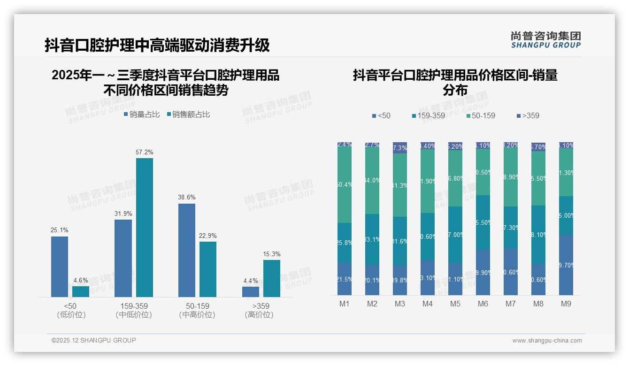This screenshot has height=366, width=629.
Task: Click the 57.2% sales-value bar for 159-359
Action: pyautogui.click(x=145, y=228)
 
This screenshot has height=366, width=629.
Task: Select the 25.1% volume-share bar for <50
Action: pyautogui.click(x=60, y=267)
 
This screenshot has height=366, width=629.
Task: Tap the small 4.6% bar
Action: pyautogui.click(x=81, y=291)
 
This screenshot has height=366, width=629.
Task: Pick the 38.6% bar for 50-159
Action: pyautogui.click(x=187, y=250)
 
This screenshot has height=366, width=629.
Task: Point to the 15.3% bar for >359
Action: pyautogui.click(x=272, y=278)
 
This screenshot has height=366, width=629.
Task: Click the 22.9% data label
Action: pyautogui.click(x=208, y=236)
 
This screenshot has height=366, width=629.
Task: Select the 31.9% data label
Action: pyautogui.click(x=123, y=214)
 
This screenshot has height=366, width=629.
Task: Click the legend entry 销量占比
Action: pyautogui.click(x=141, y=114)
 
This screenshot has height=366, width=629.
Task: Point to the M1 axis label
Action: pyautogui.click(x=345, y=304)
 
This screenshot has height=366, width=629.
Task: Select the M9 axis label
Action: pyautogui.click(x=566, y=304)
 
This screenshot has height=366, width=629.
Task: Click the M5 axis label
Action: pyautogui.click(x=455, y=304)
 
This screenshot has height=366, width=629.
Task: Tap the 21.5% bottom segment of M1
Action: pyautogui.click(x=345, y=279)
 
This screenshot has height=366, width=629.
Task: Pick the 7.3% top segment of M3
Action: pyautogui.click(x=400, y=148)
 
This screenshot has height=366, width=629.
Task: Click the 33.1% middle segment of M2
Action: pyautogui.click(x=372, y=239)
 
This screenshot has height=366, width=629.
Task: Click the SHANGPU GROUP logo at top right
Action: pyautogui.click(x=546, y=40)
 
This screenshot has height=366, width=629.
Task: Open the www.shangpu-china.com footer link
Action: pyautogui.click(x=547, y=341)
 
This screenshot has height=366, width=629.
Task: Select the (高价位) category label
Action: pyautogui.click(x=259, y=315)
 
